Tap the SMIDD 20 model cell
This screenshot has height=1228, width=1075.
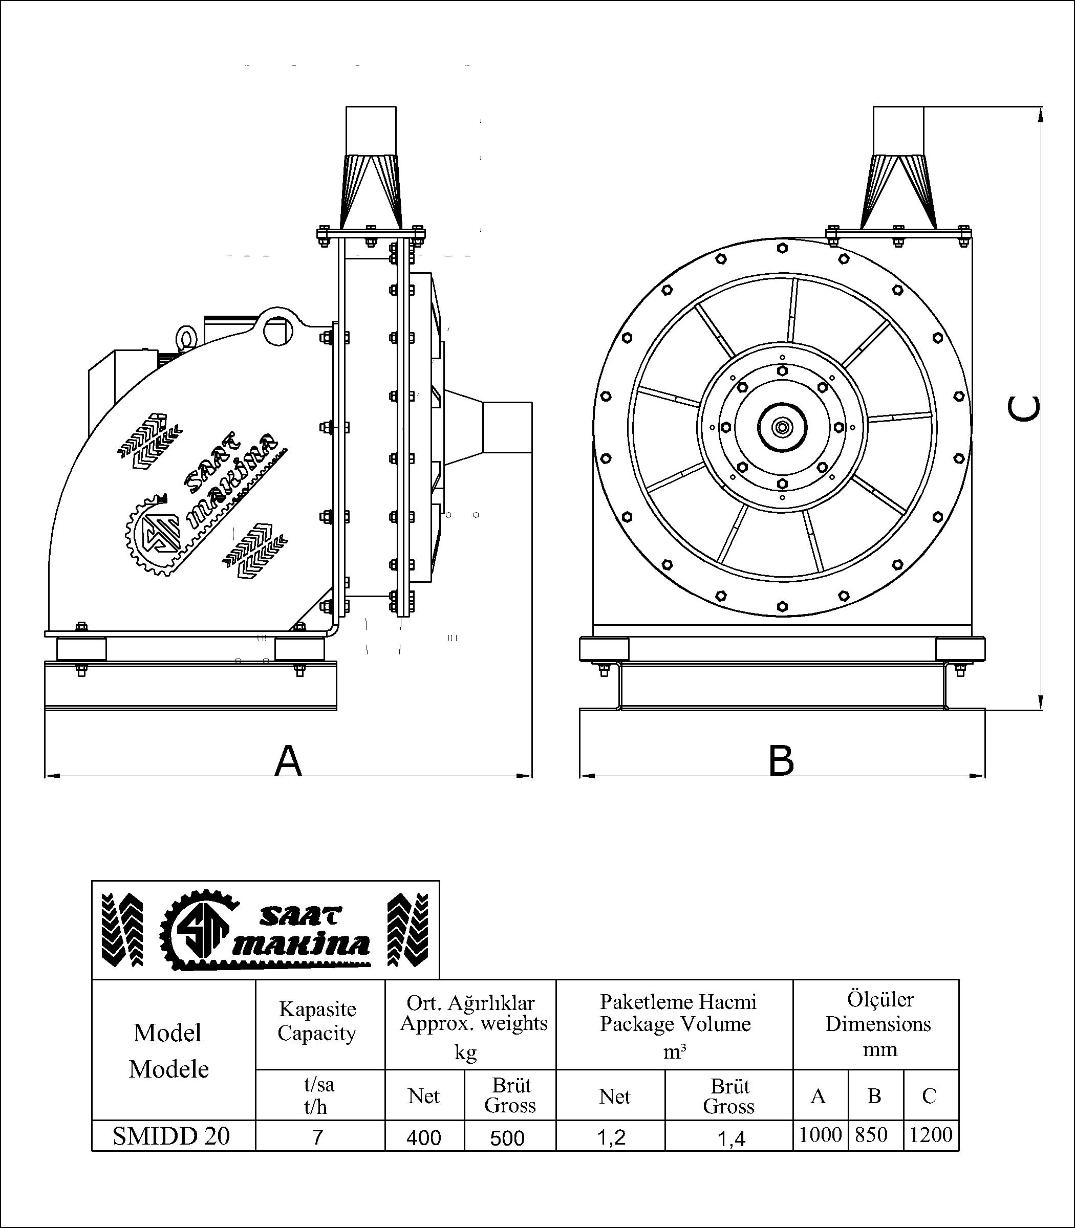[171, 1136]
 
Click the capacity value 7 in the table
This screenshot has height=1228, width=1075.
[318, 1137]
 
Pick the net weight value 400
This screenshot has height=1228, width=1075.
[423, 1137]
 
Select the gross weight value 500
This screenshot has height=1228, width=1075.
[507, 1137]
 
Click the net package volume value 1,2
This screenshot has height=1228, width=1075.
[612, 1137]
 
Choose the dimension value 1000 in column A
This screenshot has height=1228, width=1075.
[821, 1134]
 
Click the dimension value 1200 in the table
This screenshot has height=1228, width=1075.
[931, 1134]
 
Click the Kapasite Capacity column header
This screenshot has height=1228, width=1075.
[317, 1021]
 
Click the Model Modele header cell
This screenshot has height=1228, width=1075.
[168, 1050]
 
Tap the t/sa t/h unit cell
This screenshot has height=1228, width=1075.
[318, 1095]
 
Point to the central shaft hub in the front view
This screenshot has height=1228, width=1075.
[782, 427]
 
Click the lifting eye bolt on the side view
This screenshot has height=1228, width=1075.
[185, 338]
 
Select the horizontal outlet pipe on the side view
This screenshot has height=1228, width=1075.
[507, 427]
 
